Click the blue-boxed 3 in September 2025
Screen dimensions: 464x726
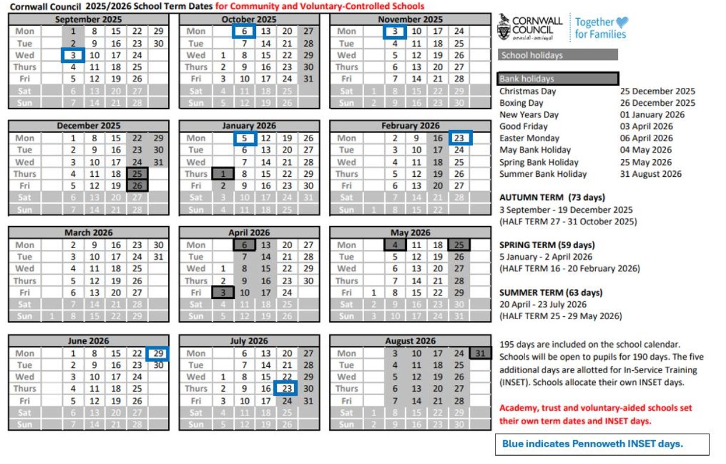(73, 55)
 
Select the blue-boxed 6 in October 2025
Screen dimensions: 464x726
(244, 31)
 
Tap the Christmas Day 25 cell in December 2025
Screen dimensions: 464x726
(137, 174)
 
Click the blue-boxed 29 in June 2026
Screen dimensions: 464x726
(157, 353)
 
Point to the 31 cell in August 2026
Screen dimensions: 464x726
(480, 353)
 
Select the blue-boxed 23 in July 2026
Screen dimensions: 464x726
(286, 389)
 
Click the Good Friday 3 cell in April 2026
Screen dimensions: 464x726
(223, 293)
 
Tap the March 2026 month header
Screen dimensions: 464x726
(88, 233)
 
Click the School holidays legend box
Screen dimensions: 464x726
(558, 55)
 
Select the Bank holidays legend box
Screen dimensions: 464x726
(558, 79)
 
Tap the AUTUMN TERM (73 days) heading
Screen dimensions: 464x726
(552, 198)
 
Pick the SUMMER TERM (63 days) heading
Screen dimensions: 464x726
(551, 293)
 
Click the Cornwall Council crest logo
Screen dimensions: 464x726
(504, 27)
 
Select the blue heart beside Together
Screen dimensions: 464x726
(621, 23)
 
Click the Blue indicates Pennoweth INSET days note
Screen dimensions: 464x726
(602, 444)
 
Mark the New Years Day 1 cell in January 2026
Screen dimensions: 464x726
(223, 174)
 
